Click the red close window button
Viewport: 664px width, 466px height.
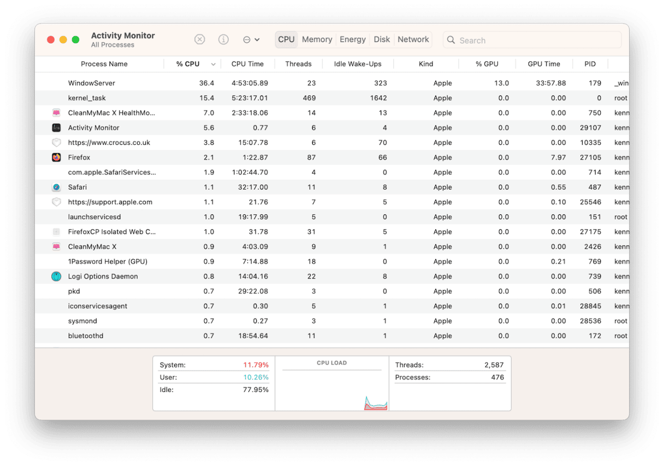point(51,40)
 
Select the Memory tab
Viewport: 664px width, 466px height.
point(317,39)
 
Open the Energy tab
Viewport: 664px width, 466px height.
point(353,39)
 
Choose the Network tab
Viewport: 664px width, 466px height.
point(413,39)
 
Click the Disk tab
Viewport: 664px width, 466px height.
point(382,39)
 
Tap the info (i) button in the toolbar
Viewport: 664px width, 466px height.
point(223,40)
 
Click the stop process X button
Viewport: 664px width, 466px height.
point(200,40)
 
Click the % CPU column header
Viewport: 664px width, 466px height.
point(188,64)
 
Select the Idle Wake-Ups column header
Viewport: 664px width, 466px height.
point(358,64)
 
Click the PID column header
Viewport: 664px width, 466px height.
point(590,64)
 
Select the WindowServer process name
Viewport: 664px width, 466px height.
point(91,83)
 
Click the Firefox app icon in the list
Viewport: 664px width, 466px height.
point(56,157)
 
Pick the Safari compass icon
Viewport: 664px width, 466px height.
point(56,187)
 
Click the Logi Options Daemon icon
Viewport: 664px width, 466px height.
point(56,276)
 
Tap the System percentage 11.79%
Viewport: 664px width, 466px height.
point(256,365)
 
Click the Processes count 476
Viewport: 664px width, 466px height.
point(497,377)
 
